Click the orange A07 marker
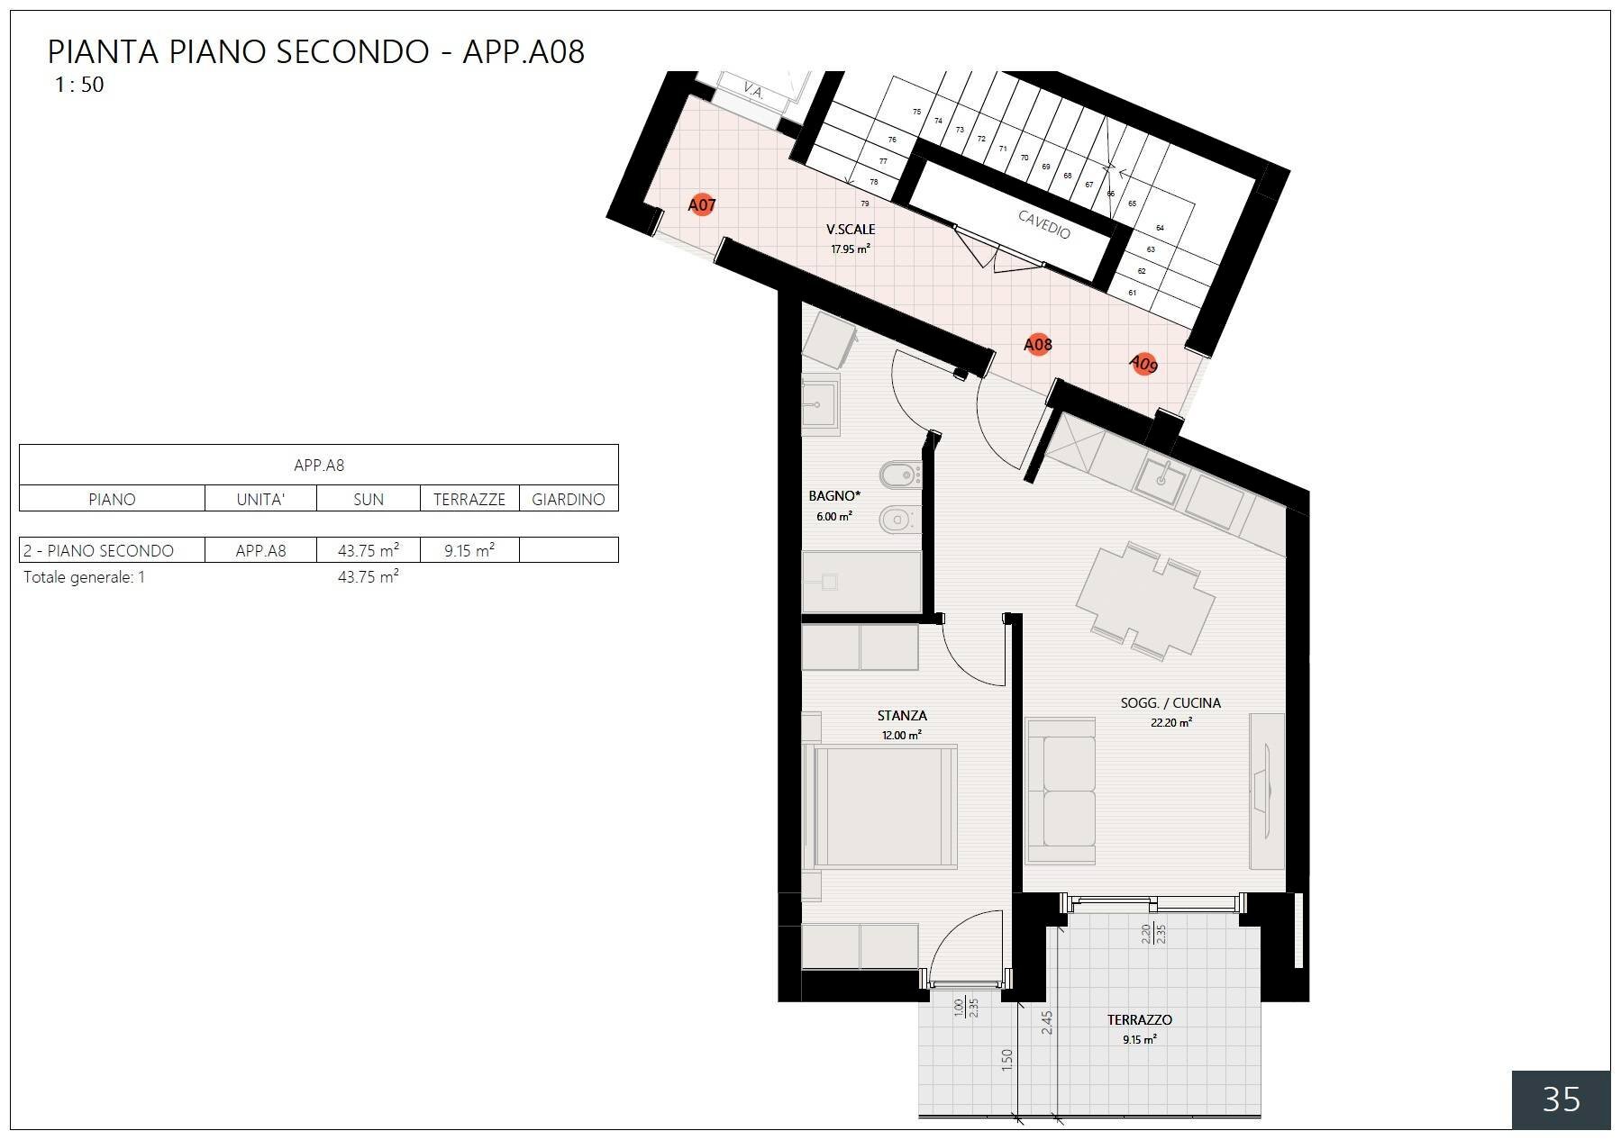click(701, 204)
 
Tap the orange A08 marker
click(1038, 344)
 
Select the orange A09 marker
click(1143, 364)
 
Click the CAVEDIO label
click(1044, 224)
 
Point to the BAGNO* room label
click(834, 495)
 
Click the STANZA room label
click(901, 716)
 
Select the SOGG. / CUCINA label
click(1170, 703)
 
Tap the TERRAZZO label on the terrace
click(1139, 1020)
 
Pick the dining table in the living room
click(1145, 601)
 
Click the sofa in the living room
click(1061, 792)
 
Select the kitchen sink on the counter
click(1161, 479)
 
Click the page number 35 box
click(1561, 1099)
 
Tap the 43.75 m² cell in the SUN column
click(368, 550)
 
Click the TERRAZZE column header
click(469, 499)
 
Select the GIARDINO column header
click(568, 499)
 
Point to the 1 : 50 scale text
click(79, 85)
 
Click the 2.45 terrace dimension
click(1047, 1022)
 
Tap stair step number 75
click(916, 112)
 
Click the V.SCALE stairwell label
click(850, 230)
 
